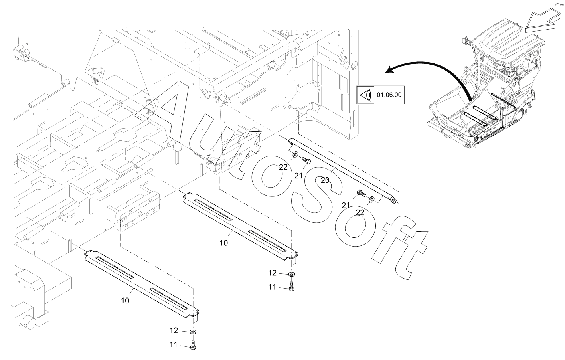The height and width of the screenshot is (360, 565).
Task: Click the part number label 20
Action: click(x=325, y=180)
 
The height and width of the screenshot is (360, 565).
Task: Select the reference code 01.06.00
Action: click(x=389, y=95)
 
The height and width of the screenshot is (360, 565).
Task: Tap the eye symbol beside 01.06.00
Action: click(x=365, y=95)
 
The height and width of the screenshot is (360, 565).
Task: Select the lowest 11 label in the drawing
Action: click(x=173, y=344)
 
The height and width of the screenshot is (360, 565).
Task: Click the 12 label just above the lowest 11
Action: click(x=174, y=330)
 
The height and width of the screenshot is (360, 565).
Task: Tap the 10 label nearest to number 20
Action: click(x=224, y=243)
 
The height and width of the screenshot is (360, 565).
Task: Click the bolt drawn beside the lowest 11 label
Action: click(x=193, y=345)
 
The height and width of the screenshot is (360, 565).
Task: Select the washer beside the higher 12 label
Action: click(x=292, y=274)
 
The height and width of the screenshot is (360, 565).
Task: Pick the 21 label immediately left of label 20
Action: click(x=298, y=176)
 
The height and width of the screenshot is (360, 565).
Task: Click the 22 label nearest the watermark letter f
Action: click(x=360, y=213)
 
